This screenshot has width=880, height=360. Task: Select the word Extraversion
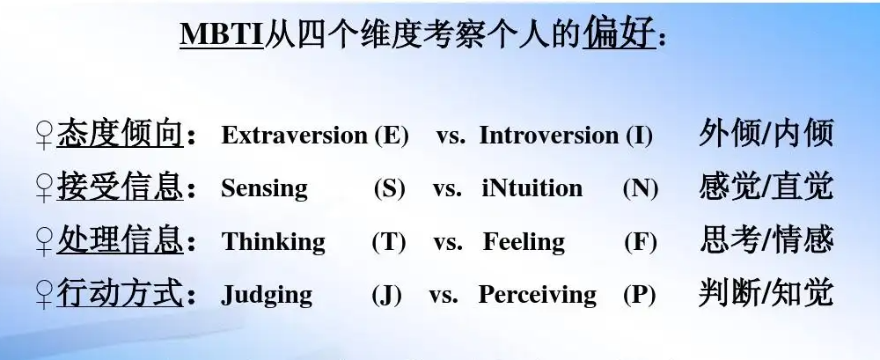coord(294,136)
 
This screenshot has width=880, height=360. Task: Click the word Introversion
coord(549,136)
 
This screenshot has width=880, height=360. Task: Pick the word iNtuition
coord(532,188)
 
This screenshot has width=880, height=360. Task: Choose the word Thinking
coord(273,241)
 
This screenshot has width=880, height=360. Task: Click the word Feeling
coord(524,241)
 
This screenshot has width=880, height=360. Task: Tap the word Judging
coord(266,295)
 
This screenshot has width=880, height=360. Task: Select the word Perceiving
coord(537,295)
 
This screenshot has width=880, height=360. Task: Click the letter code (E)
coord(392,136)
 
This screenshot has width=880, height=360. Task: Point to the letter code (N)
coord(641,188)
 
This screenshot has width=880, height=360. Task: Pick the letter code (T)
coord(388,241)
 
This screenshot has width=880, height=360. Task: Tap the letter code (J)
coord(386,295)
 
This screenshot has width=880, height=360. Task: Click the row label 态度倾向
coord(121,135)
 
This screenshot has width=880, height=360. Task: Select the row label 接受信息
coord(121,187)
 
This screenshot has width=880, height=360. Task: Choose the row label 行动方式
coord(121,294)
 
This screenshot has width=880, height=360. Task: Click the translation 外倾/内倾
coord(766,134)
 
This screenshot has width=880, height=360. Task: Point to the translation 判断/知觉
coord(766,293)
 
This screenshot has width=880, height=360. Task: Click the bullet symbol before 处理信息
coord(43,241)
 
